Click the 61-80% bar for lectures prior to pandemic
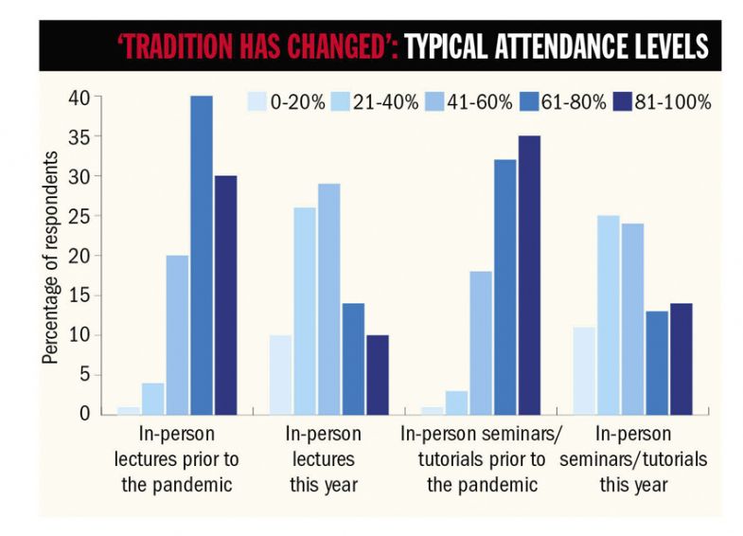(x=201, y=255)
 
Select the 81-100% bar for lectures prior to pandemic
(x=225, y=295)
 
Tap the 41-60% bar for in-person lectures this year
(x=328, y=298)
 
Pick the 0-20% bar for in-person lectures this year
(x=280, y=374)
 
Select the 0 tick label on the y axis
(x=84, y=414)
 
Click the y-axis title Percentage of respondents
(x=48, y=256)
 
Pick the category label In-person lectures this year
(x=323, y=459)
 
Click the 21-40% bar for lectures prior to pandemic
(x=152, y=398)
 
